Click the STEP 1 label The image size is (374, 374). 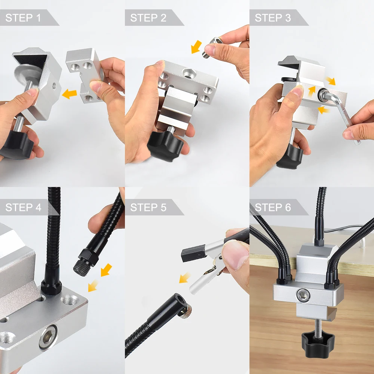(x=23, y=18)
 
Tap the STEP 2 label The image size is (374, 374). (x=148, y=18)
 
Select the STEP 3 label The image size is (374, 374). (x=273, y=18)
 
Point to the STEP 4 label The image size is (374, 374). (x=23, y=208)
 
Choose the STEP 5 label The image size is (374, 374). (x=148, y=208)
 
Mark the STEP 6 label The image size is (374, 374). (x=273, y=208)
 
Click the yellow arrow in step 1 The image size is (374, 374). (x=70, y=94)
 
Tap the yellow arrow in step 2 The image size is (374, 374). (x=196, y=46)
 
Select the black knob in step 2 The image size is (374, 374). (x=165, y=145)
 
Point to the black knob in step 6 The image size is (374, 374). (x=318, y=345)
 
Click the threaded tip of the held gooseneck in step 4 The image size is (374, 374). (x=82, y=268)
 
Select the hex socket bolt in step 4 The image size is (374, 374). (x=48, y=337)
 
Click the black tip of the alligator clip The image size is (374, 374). (x=193, y=253)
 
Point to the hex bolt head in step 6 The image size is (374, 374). (x=303, y=295)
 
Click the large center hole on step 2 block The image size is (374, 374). (x=189, y=73)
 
